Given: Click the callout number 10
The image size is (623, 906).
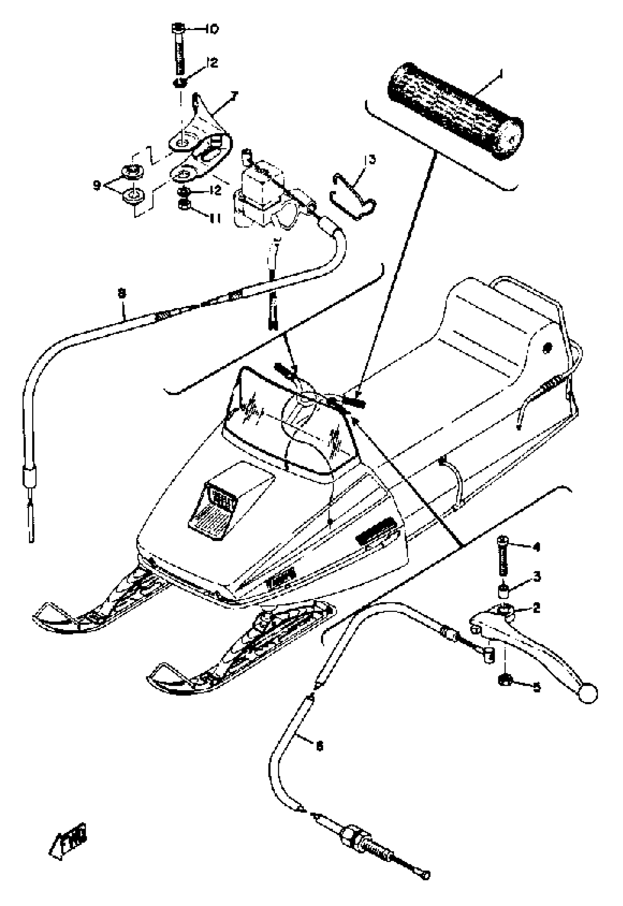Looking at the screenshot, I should [x=212, y=29].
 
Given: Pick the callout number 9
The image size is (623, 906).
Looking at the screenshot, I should [x=97, y=185].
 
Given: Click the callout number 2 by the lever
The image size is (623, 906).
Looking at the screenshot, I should [x=537, y=607].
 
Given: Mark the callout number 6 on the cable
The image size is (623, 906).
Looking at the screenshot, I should [x=319, y=746].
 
